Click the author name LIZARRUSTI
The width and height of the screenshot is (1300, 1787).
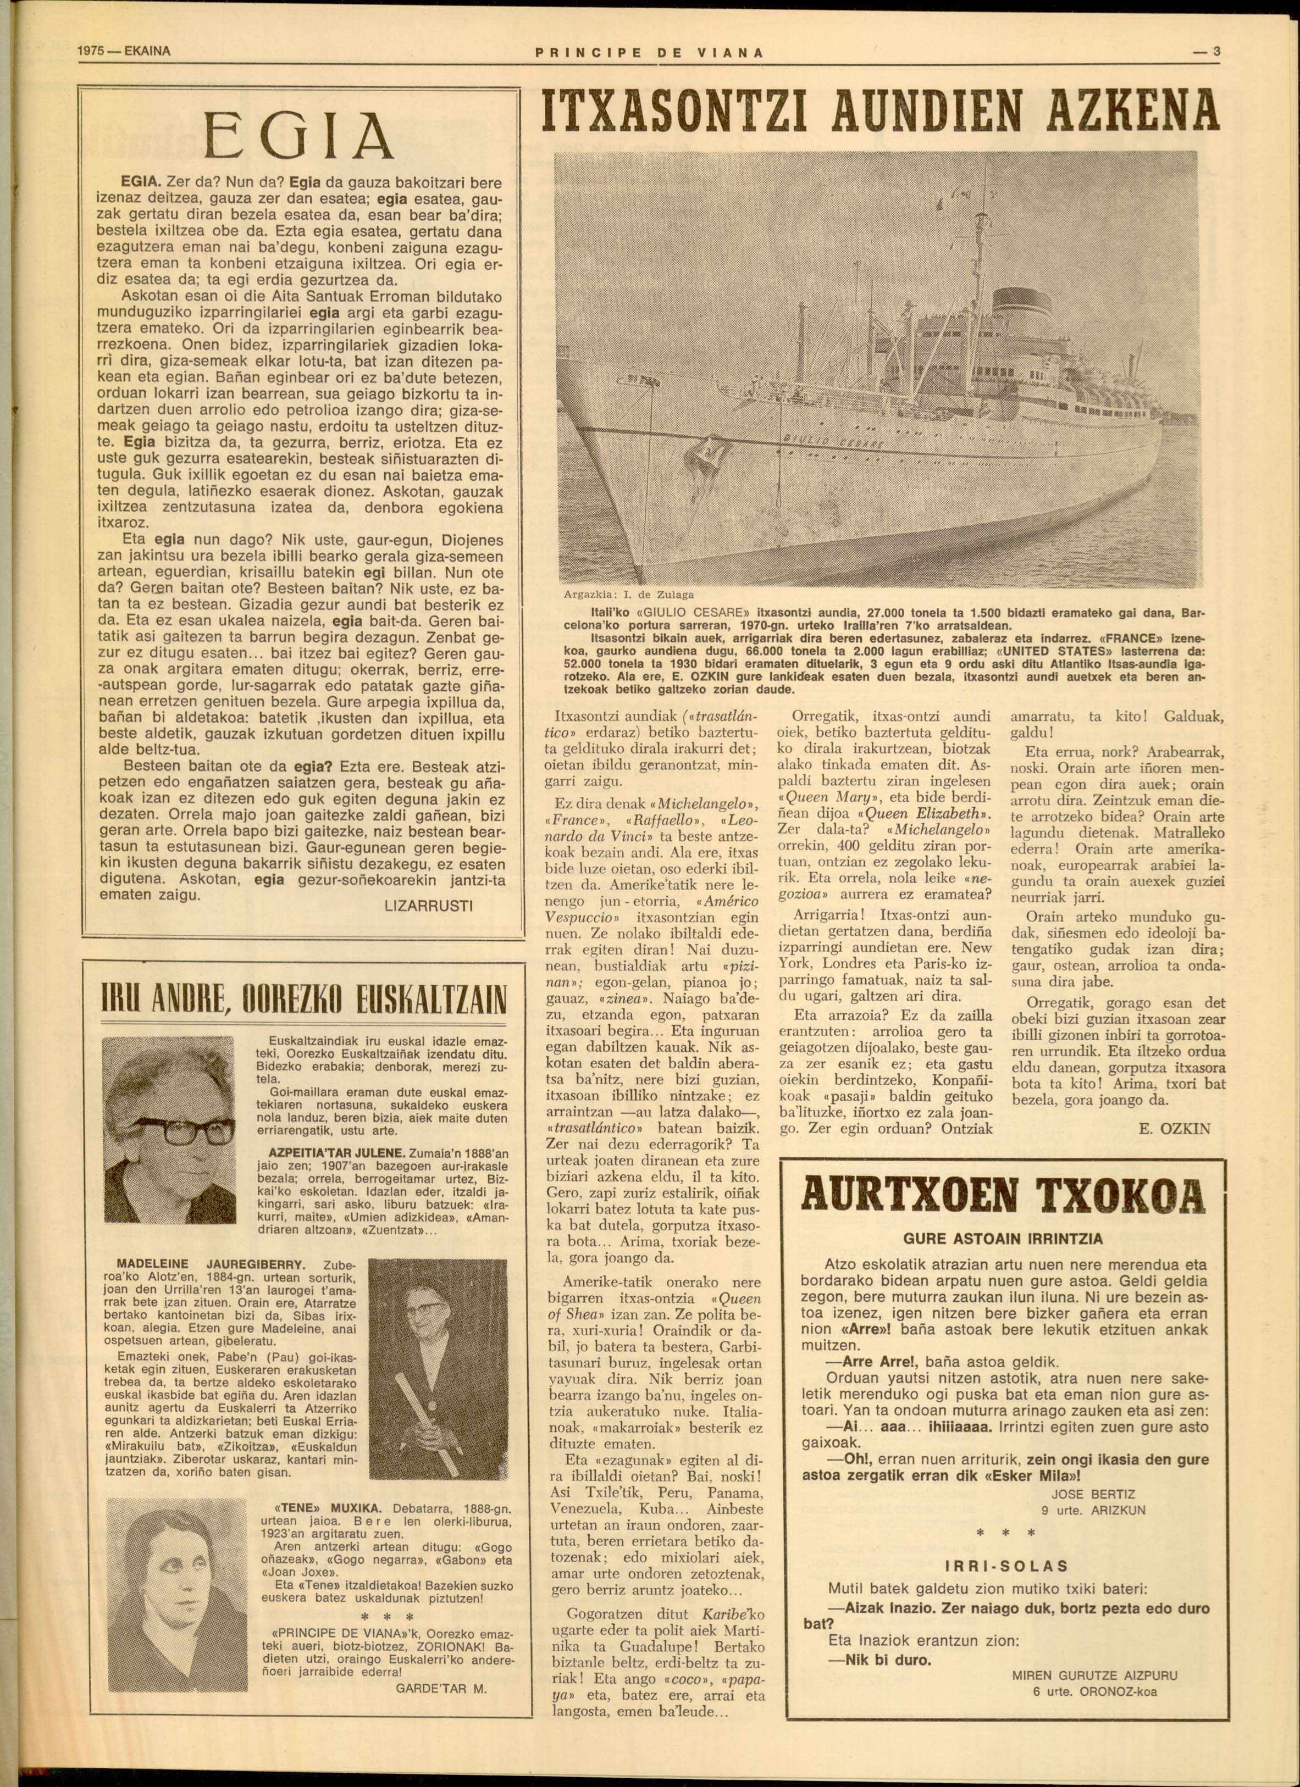428,906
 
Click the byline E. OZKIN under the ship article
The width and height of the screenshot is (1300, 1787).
1175,1128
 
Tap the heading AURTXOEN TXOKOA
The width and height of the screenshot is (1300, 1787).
1003,1195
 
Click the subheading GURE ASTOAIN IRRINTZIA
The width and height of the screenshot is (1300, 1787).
1003,1239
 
